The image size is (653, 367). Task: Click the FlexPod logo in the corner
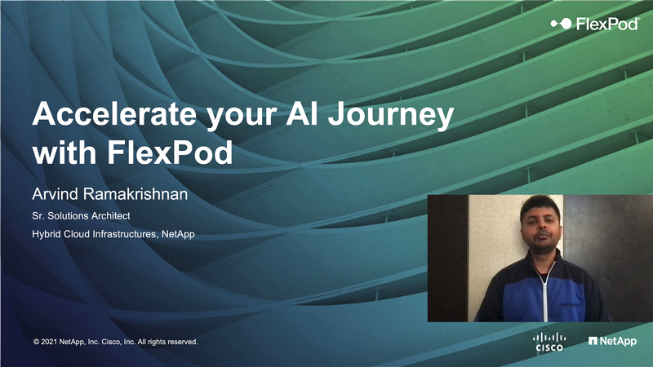coord(594,24)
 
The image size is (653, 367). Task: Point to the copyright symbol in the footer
coord(36,342)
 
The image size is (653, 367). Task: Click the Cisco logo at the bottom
coord(549,342)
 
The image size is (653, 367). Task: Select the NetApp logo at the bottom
coord(612,341)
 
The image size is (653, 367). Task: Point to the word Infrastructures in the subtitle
coord(122,236)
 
